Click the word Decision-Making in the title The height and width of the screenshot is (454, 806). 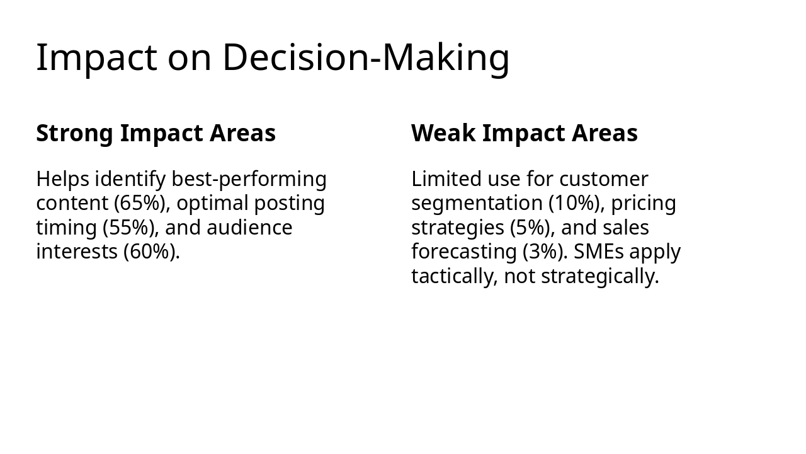point(366,57)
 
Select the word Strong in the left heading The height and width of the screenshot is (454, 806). point(75,134)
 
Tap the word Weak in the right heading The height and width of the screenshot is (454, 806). point(444,134)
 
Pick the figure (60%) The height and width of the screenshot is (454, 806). point(151,252)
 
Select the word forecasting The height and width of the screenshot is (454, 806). point(464,252)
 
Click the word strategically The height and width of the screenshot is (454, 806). point(599,276)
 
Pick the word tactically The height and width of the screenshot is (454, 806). point(454,276)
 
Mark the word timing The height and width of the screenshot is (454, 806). point(66,228)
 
